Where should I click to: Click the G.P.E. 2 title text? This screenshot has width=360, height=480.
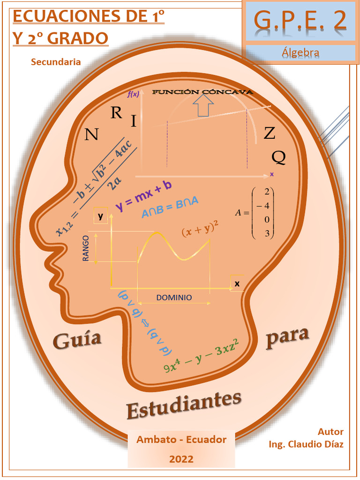coord(300,20)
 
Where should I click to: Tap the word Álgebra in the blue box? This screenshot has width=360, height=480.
coord(300,52)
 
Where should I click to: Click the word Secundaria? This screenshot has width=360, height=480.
coord(56,62)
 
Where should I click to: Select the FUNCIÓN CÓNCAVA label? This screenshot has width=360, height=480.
coord(202,92)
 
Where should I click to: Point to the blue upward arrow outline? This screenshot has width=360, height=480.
coord(203,106)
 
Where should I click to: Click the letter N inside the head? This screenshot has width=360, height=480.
coord(91,135)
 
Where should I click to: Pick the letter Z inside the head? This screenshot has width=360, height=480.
coord(269,134)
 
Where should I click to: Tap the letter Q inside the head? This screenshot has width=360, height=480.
coord(278,157)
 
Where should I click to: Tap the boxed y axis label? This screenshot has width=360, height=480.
coord(100,216)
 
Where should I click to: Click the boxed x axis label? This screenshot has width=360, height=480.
coord(237,283)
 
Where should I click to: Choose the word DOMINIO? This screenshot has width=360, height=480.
coord(174,297)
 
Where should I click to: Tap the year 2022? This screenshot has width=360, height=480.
coord(181,459)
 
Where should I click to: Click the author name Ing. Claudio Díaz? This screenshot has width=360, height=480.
coord(306,444)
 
